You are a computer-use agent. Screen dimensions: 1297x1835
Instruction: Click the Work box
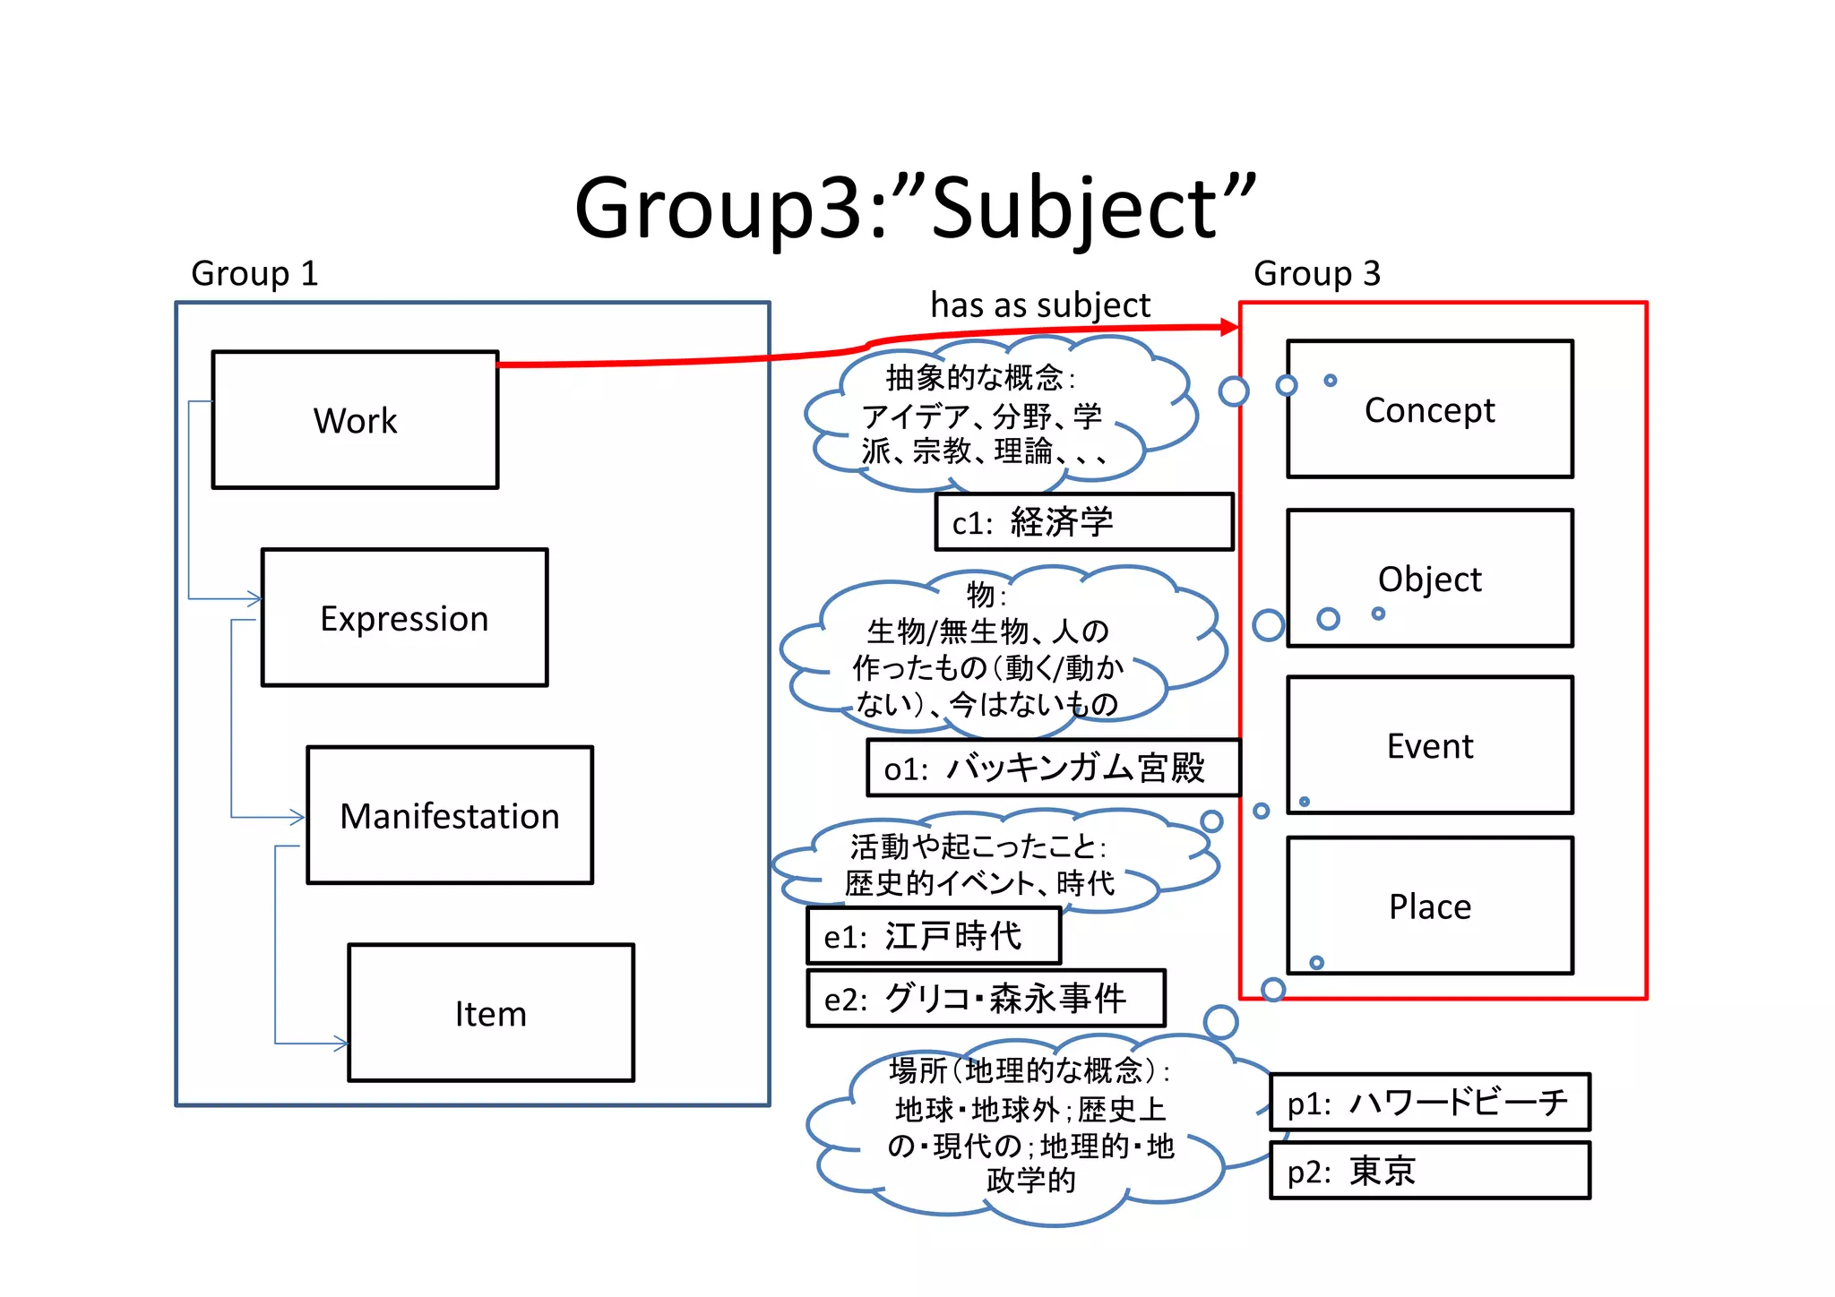tap(355, 420)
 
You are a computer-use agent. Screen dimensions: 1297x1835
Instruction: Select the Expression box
tap(404, 618)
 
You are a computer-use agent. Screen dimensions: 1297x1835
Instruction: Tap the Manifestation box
tap(449, 816)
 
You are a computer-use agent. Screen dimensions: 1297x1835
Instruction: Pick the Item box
tap(490, 1013)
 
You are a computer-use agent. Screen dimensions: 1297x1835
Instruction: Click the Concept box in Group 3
tap(1429, 410)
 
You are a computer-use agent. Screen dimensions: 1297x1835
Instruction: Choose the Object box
tap(1429, 579)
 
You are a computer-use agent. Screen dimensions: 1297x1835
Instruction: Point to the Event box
tap(1429, 745)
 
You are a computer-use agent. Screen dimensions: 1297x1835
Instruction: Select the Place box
tap(1429, 906)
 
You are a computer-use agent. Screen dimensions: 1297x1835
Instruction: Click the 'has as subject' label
tap(1039, 305)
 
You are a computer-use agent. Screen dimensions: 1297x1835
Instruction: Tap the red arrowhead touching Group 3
tap(1230, 327)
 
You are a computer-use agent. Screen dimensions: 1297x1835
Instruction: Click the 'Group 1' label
tap(254, 273)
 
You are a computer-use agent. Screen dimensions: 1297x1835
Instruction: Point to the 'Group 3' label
tap(1316, 273)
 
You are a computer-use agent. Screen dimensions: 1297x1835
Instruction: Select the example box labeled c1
tap(1083, 522)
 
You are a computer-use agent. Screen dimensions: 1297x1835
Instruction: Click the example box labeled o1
tap(1053, 769)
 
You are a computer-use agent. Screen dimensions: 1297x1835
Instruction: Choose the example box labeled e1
tap(933, 936)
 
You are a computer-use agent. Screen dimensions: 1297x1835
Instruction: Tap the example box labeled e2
tap(986, 998)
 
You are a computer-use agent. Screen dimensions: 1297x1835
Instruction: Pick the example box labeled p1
tap(1429, 1103)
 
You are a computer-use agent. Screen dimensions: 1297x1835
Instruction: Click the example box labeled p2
tap(1429, 1171)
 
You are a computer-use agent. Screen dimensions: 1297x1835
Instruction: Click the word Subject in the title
tap(1075, 208)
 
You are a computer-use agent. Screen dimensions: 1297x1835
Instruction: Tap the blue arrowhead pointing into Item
tap(341, 1043)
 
